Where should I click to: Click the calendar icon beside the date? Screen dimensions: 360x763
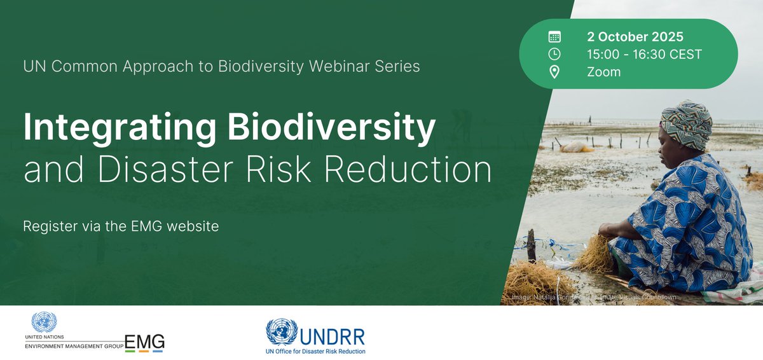(554, 37)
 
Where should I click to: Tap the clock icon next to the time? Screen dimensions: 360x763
(554, 55)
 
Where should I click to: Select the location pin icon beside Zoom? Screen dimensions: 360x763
(554, 72)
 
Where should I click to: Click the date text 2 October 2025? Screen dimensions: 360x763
(635, 37)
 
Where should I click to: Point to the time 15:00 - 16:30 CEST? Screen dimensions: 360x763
(645, 55)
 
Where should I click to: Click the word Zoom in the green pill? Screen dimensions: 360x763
(604, 72)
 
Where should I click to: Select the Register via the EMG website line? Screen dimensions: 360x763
(121, 226)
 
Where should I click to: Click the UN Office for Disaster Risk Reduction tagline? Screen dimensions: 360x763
(315, 350)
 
